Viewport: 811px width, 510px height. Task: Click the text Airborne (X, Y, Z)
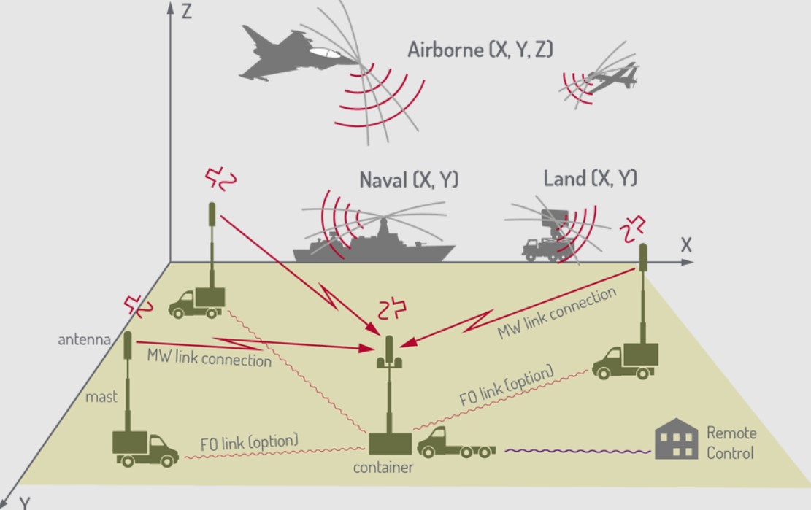pos(480,50)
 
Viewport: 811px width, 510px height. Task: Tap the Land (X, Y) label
pos(590,178)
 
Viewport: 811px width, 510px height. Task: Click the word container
pos(383,468)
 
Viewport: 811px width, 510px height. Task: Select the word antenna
pos(85,340)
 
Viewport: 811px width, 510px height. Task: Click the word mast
pos(101,397)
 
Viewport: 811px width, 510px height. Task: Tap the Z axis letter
pos(187,12)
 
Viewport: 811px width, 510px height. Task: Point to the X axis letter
pos(685,245)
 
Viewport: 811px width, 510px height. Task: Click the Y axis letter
pos(26,502)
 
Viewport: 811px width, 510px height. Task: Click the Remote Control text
pos(731,442)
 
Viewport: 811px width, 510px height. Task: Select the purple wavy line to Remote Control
pos(577,450)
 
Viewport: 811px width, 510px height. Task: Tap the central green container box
pos(390,444)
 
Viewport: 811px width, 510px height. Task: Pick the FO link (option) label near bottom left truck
pos(249,441)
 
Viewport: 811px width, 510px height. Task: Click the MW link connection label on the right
pos(557,312)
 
